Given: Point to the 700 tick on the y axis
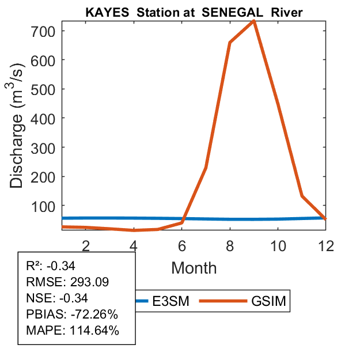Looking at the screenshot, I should (43, 31).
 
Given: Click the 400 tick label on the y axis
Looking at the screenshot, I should (43, 118).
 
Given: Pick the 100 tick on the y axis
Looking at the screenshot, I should (43, 206).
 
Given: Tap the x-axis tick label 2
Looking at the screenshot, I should (86, 246).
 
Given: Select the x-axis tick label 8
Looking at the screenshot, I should (230, 246).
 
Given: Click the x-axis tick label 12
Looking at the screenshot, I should (325, 246).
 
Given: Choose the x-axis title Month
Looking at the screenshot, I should (194, 268).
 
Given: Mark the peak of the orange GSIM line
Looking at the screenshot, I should (253, 21).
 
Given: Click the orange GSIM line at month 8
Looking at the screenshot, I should (230, 43).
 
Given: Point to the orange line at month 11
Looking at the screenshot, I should (302, 196).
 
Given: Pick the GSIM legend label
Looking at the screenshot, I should (268, 301).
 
